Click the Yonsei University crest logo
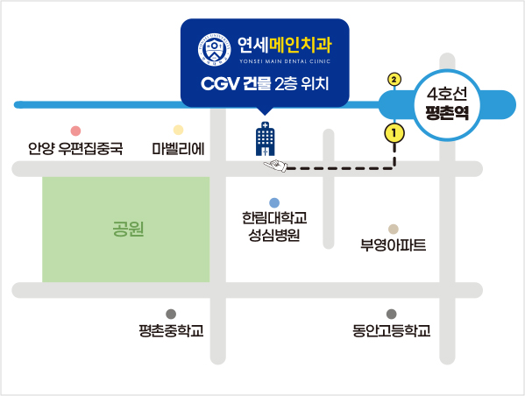click(214, 50)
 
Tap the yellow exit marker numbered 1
click(394, 133)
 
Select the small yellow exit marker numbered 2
click(394, 80)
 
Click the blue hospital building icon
click(266, 139)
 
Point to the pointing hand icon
click(275, 166)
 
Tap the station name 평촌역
click(447, 113)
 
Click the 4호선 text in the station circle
click(447, 94)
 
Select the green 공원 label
click(128, 229)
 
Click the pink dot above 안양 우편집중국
click(75, 131)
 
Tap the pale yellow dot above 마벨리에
click(178, 130)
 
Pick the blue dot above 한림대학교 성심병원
click(274, 203)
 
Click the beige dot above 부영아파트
click(394, 230)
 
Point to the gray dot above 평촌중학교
click(171, 314)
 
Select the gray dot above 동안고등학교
click(392, 314)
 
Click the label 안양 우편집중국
click(75, 148)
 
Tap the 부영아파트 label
click(394, 245)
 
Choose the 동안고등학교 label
click(392, 330)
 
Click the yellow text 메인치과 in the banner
click(301, 45)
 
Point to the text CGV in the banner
click(220, 84)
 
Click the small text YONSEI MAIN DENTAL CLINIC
click(285, 61)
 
